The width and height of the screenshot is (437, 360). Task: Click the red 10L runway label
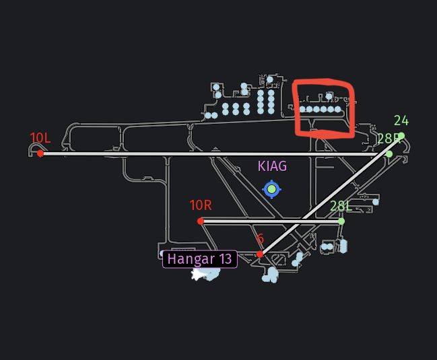(x=40, y=138)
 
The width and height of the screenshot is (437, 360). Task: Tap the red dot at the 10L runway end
(x=40, y=153)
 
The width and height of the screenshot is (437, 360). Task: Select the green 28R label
(x=389, y=139)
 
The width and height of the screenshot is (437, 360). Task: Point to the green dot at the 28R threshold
(x=389, y=154)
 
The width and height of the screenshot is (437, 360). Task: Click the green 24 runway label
(x=401, y=121)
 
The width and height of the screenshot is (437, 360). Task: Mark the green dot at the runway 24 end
(x=401, y=136)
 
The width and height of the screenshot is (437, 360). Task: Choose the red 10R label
(x=201, y=205)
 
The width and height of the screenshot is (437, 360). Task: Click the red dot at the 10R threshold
(x=201, y=221)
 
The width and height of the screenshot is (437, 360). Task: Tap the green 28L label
(x=341, y=206)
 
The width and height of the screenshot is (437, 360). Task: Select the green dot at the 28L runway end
(x=341, y=221)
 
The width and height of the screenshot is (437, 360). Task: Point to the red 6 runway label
(x=260, y=239)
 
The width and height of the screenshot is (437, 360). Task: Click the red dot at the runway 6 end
(x=260, y=254)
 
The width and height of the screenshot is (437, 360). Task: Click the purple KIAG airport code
(x=272, y=166)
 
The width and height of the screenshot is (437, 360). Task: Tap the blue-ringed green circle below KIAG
(x=271, y=189)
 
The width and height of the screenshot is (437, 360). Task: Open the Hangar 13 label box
(x=199, y=259)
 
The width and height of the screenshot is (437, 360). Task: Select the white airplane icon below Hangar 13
(x=197, y=274)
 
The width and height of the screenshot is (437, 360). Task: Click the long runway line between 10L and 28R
(x=202, y=153)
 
